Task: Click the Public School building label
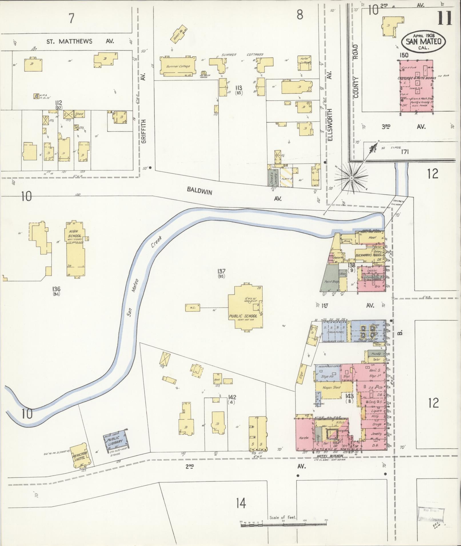click(x=243, y=316)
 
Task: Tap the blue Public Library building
click(x=115, y=442)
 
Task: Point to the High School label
click(x=75, y=237)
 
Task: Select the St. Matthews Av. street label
click(x=80, y=41)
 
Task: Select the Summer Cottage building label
click(x=178, y=66)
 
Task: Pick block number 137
click(x=221, y=271)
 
